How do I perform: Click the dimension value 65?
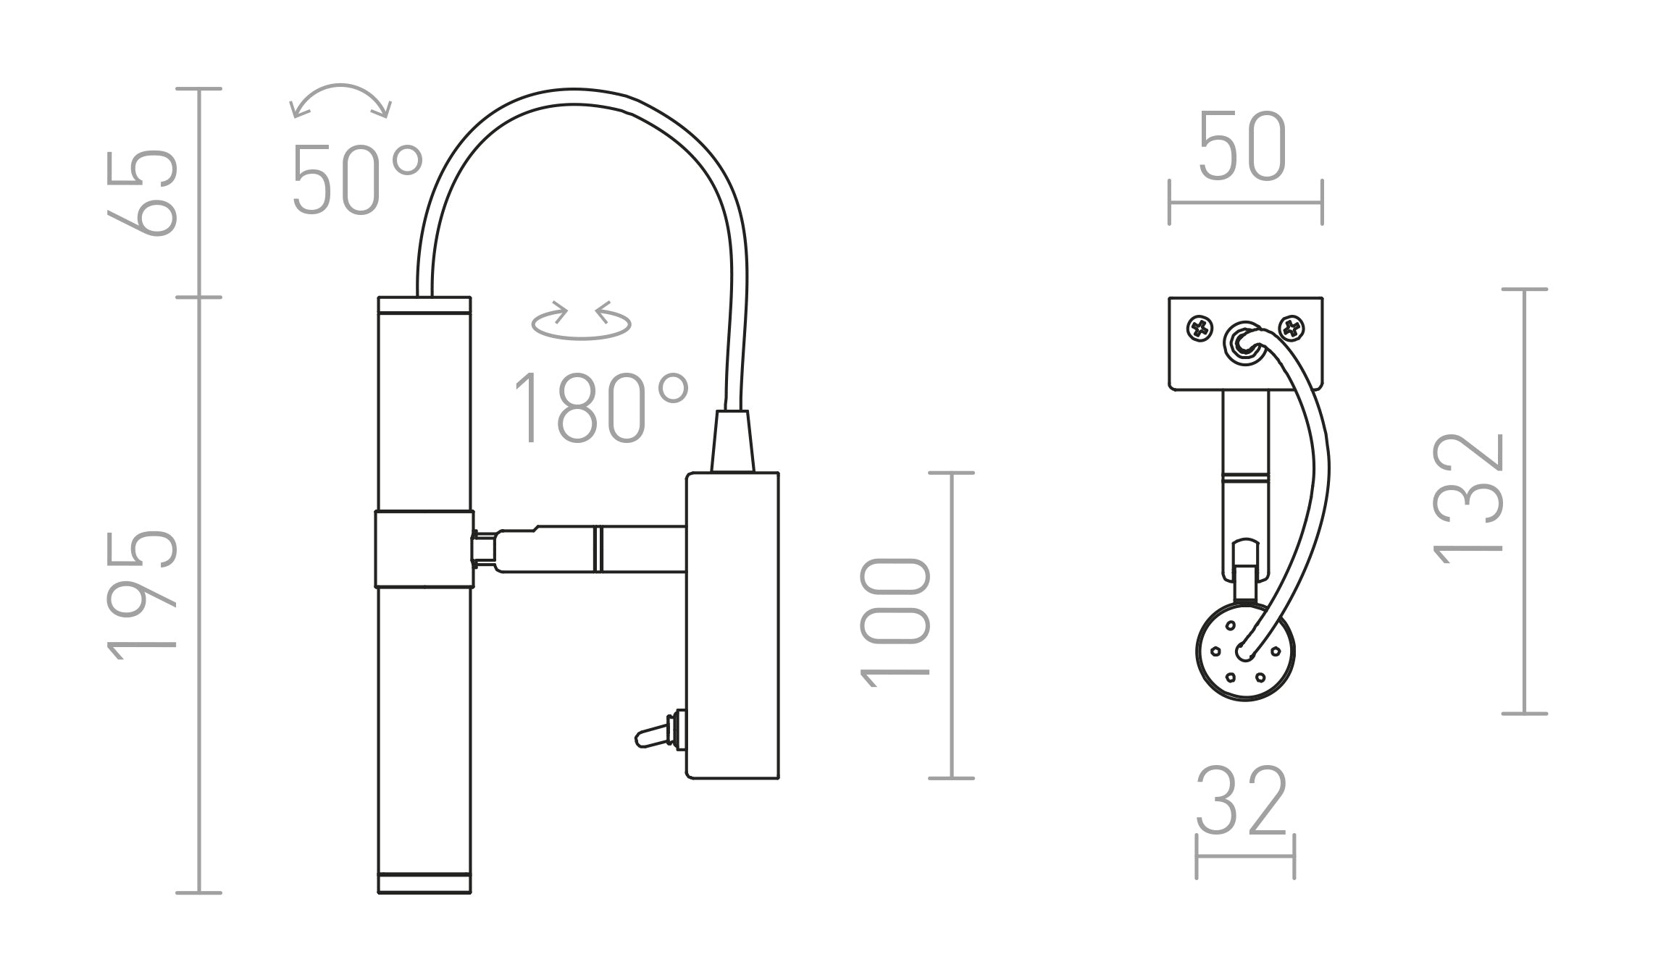(143, 193)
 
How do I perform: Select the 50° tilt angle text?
(356, 180)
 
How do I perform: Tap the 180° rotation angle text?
(600, 408)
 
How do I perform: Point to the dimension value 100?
(895, 622)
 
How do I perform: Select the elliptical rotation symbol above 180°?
(581, 321)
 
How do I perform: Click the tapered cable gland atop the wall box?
(732, 442)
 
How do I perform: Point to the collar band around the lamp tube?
(424, 549)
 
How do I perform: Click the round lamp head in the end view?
(1243, 652)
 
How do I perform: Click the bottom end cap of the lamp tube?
(424, 884)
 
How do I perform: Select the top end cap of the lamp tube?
(424, 305)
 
